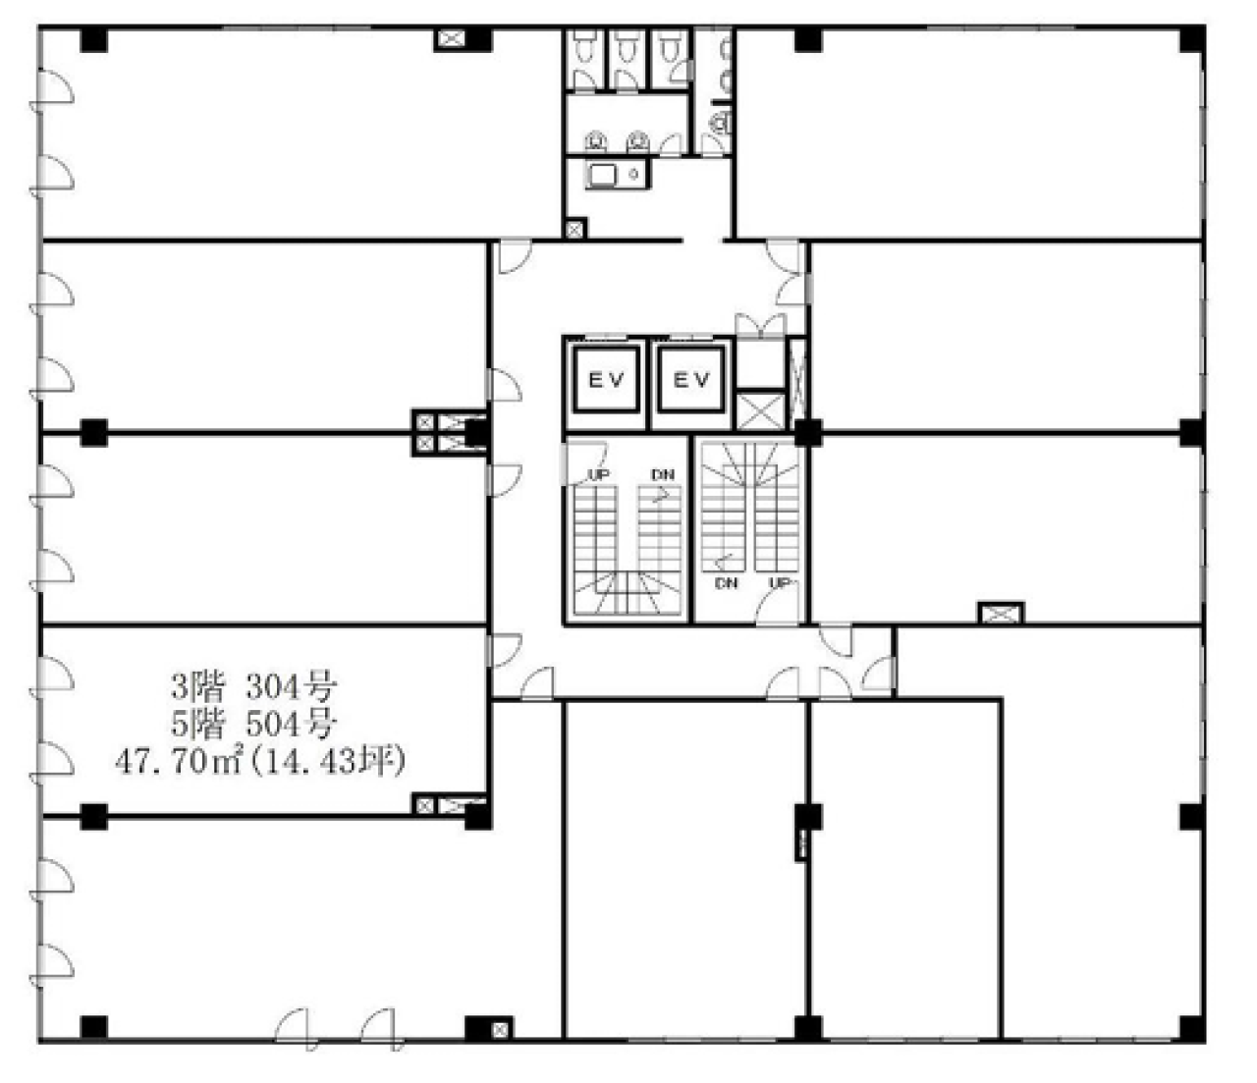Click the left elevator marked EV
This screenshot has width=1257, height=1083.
pos(606,380)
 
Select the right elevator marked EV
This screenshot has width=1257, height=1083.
pos(691,380)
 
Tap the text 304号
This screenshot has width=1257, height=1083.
pos(292,688)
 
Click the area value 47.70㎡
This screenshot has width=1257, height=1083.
pos(180,761)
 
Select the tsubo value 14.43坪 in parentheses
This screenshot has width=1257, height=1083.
pos(327,761)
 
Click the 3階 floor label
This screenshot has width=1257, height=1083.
pos(197,688)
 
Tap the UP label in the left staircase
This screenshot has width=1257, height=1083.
pos(599,474)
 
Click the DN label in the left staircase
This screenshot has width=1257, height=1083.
pos(662,474)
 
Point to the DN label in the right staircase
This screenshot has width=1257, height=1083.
pos(726,583)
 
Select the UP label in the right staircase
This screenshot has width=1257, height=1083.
pos(781,583)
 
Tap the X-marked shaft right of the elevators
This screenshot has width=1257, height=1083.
pos(760,411)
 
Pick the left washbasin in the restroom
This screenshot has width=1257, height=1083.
pos(595,142)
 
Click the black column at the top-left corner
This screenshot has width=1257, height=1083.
pos(93,40)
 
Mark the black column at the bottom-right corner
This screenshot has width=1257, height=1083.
pos(1192,1027)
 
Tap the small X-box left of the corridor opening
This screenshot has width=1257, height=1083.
pos(574,230)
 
